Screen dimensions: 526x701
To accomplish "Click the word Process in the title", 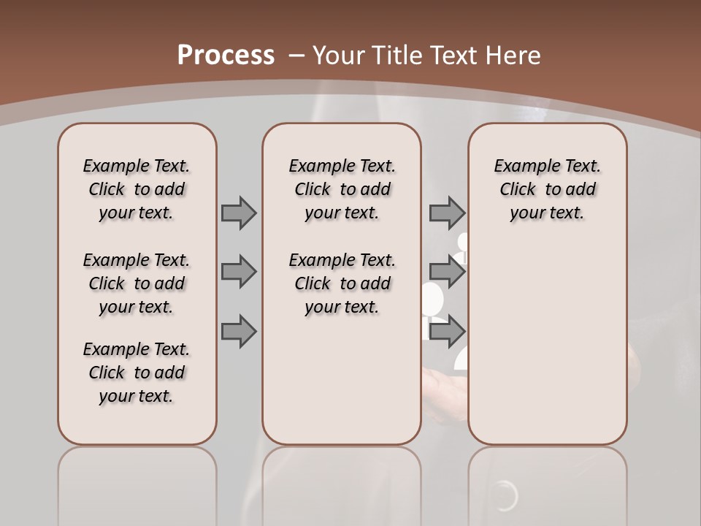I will click(x=226, y=55).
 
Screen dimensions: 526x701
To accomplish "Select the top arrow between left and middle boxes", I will click(x=239, y=213).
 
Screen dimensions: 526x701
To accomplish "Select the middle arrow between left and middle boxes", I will click(x=239, y=272).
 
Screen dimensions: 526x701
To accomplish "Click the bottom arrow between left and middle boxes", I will click(x=239, y=332).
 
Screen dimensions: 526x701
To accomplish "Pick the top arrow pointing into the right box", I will click(x=447, y=213).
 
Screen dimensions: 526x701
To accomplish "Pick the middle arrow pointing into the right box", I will click(x=447, y=272).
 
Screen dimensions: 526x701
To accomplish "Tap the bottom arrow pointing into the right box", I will click(x=447, y=332).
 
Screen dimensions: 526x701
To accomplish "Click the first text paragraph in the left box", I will click(x=137, y=189).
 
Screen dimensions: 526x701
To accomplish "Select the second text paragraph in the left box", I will click(x=137, y=283).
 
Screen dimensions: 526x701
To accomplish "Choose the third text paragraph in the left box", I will click(x=137, y=373).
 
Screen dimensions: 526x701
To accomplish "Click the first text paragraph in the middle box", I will click(x=342, y=189).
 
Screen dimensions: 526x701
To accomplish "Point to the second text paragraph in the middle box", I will click(x=342, y=283).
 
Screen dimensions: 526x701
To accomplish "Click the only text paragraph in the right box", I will click(x=547, y=189).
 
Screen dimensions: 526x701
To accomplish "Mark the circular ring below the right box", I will click(x=505, y=497).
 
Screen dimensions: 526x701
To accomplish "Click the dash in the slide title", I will click(x=296, y=56).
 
